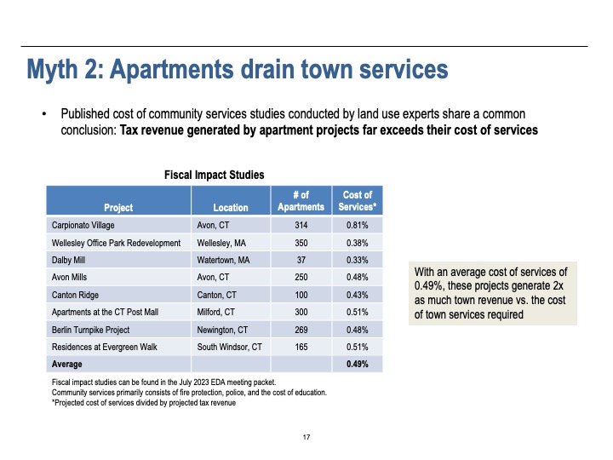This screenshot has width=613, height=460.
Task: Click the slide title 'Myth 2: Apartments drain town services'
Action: pyautogui.click(x=238, y=67)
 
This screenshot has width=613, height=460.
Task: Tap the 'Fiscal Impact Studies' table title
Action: pyautogui.click(x=214, y=175)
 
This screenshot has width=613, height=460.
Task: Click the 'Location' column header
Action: pyautogui.click(x=231, y=207)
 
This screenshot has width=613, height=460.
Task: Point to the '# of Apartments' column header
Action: pyautogui.click(x=301, y=201)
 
